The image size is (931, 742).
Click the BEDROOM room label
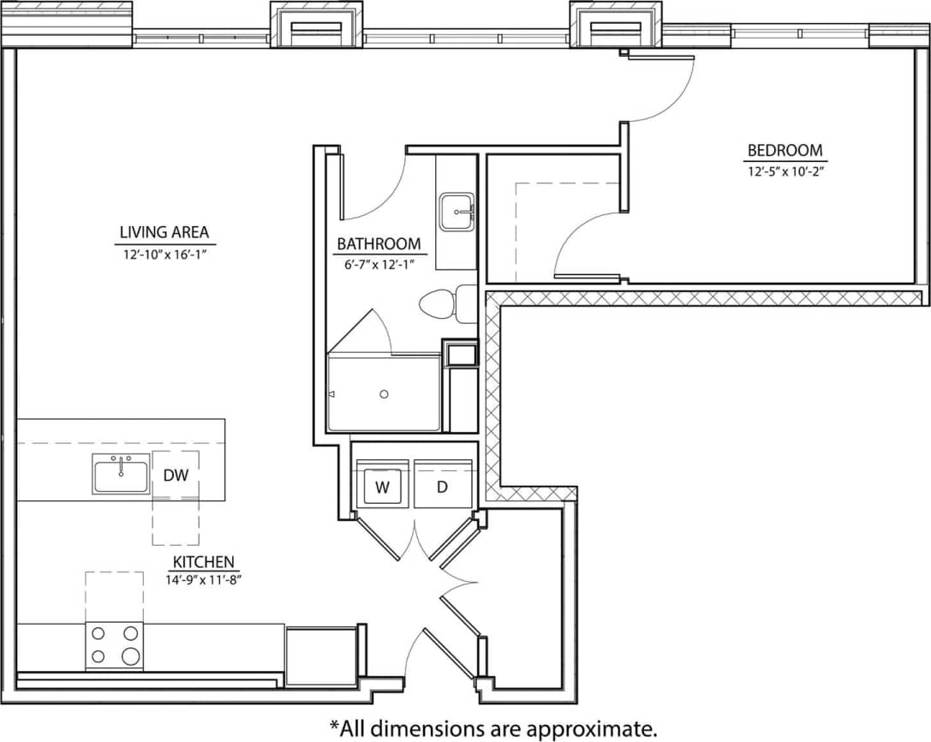[x=785, y=151]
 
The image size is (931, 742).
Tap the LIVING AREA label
[x=164, y=232]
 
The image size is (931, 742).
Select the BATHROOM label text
[x=379, y=244]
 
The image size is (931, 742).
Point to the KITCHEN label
[x=204, y=562]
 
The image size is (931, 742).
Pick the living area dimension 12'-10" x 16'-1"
[x=164, y=253]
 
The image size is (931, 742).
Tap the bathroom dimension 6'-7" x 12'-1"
[x=379, y=264]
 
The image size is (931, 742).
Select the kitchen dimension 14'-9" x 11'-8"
[x=204, y=579]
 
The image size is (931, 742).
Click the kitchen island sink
[x=121, y=474]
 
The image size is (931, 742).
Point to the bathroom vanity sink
[x=457, y=212]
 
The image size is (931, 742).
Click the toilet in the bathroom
[x=447, y=304]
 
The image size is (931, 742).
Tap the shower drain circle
[x=384, y=394]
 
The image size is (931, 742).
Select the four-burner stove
[x=114, y=646]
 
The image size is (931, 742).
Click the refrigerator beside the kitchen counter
[x=319, y=656]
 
